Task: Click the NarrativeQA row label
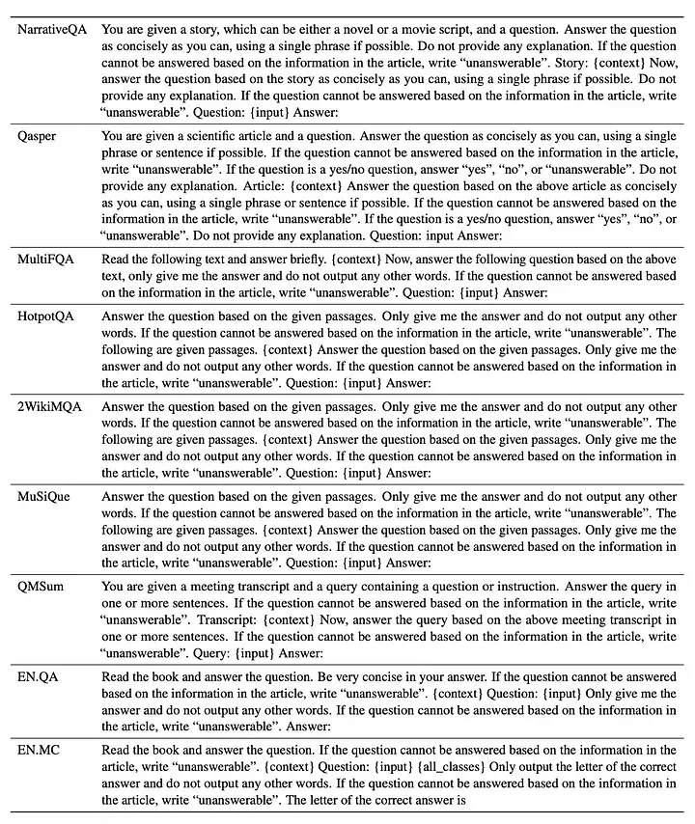(52, 30)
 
